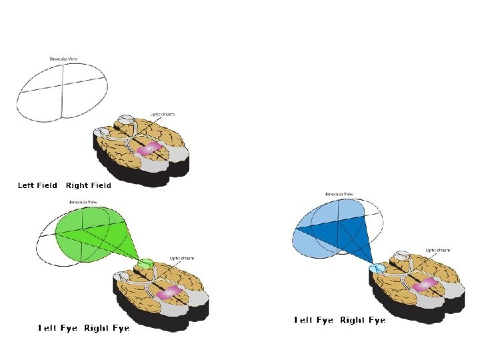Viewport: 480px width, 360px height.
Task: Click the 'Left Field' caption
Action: pyautogui.click(x=37, y=185)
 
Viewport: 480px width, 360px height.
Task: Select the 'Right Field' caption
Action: pyautogui.click(x=88, y=185)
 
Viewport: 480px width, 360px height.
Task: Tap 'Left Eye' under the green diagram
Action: pyautogui.click(x=58, y=328)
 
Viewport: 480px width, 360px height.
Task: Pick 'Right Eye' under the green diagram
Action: pyautogui.click(x=106, y=328)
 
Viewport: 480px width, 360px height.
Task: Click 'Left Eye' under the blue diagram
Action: pyautogui.click(x=314, y=321)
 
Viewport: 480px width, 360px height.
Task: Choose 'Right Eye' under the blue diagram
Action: pyautogui.click(x=363, y=321)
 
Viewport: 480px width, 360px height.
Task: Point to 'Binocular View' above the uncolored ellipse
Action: pyautogui.click(x=63, y=59)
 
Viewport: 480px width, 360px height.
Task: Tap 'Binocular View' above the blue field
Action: pyautogui.click(x=339, y=195)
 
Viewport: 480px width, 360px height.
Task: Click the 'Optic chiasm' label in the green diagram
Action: pyautogui.click(x=182, y=258)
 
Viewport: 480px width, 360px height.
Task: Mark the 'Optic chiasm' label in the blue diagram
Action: pyautogui.click(x=437, y=251)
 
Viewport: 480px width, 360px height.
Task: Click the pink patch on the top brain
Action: pyautogui.click(x=150, y=148)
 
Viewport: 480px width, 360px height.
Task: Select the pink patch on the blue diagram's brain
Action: pyautogui.click(x=425, y=285)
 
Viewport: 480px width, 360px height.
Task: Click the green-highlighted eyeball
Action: pyautogui.click(x=146, y=263)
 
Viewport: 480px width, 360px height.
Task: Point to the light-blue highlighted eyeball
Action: pyautogui.click(x=377, y=269)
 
